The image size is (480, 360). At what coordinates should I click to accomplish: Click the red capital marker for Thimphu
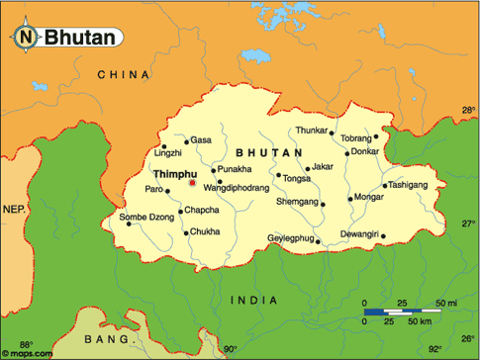192,182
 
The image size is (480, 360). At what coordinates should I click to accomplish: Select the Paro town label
154,188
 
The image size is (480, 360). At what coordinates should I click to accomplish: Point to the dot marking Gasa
186,141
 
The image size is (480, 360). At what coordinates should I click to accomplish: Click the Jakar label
323,166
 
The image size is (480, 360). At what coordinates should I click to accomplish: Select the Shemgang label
297,202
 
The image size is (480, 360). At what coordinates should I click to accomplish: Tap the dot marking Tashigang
384,186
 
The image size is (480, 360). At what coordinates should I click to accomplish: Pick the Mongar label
369,198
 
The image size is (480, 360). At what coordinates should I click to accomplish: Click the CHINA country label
124,75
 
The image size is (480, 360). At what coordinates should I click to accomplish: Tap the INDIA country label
254,300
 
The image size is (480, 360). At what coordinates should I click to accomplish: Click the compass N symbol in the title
27,39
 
